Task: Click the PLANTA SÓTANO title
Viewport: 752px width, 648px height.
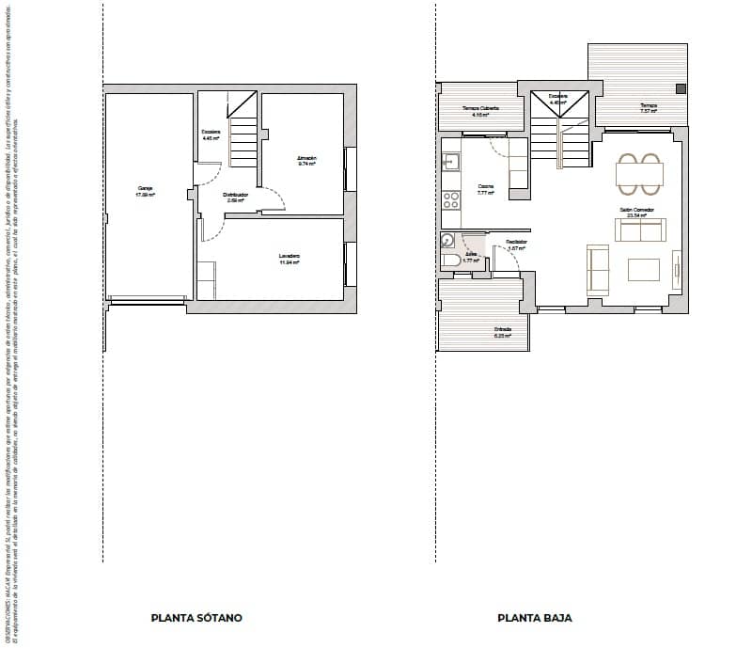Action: point(196,618)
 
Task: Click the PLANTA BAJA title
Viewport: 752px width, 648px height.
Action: point(535,618)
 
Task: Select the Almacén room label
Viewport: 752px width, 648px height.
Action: point(306,160)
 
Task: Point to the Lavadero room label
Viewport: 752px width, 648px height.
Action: point(289,259)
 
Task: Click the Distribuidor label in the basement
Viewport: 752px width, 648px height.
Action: point(236,197)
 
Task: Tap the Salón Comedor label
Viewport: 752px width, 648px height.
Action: point(636,212)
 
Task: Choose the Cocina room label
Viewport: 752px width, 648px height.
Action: point(486,188)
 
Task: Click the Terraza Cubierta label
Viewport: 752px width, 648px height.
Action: point(480,111)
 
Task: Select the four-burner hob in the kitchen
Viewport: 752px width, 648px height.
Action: point(451,199)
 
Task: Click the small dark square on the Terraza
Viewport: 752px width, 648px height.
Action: point(681,88)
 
